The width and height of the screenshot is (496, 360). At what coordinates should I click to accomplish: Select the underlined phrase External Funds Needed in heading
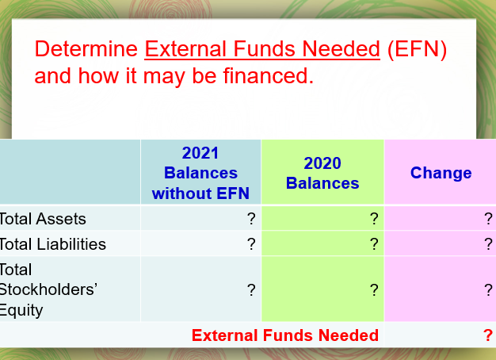point(261,50)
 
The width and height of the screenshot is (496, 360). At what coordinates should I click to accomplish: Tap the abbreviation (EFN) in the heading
point(417,50)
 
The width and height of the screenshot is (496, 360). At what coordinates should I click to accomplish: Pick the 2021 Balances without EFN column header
point(200,173)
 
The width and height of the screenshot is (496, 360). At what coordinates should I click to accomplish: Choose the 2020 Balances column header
point(322,173)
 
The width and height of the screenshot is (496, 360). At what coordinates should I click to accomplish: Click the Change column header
point(441,173)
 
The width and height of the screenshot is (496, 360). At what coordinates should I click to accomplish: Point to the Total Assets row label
point(44,219)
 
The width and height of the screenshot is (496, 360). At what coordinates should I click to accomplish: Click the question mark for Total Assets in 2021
point(251,219)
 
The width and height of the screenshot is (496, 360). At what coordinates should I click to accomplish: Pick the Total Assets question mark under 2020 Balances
point(373,219)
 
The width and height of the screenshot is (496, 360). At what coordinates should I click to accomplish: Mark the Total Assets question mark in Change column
point(488,219)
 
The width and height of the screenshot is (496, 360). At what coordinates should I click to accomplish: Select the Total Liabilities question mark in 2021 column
point(251,243)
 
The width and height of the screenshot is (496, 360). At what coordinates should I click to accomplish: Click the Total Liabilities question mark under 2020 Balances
point(373,243)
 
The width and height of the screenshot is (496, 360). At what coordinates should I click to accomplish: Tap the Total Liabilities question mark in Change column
point(488,243)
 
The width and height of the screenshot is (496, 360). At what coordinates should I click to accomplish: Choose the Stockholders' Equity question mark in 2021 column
point(251,289)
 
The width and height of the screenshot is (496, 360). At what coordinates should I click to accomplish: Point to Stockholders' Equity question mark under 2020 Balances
point(373,289)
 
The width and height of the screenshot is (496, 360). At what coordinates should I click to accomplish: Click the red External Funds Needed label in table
point(285,335)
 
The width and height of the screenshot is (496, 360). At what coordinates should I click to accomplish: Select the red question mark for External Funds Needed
point(487,335)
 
